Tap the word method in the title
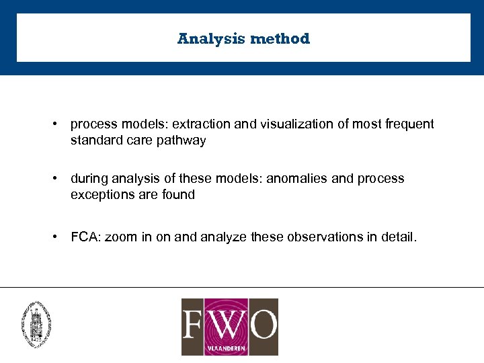pos(280,39)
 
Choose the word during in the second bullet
pos(89,179)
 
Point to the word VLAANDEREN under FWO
pos(229,348)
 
